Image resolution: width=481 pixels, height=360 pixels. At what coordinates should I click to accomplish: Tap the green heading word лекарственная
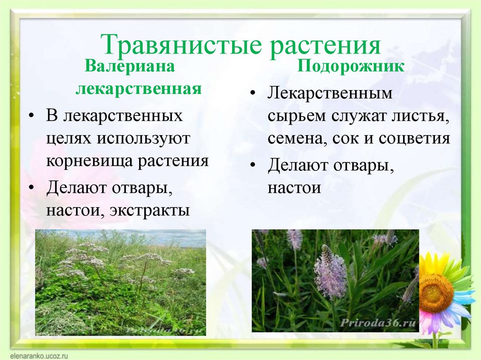click(x=139, y=89)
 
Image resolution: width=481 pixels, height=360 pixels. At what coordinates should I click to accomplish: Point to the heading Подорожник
click(x=350, y=67)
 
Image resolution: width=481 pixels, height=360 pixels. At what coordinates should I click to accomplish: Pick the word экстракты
click(x=149, y=210)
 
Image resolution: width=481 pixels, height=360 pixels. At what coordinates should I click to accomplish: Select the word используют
click(x=144, y=138)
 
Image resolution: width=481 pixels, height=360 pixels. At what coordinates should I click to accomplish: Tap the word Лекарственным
click(x=330, y=93)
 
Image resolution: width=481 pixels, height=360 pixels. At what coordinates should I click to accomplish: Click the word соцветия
click(x=414, y=138)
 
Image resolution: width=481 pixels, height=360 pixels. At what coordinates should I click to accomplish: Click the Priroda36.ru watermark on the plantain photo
click(x=378, y=323)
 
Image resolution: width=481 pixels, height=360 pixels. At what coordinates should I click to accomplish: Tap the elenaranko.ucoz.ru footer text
click(x=39, y=356)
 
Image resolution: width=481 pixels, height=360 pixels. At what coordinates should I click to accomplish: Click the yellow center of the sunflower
click(x=437, y=290)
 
